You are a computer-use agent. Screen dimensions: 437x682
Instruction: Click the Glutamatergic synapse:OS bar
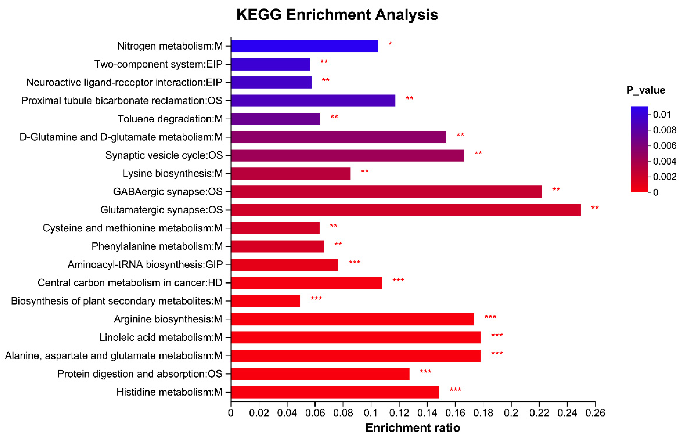click(406, 210)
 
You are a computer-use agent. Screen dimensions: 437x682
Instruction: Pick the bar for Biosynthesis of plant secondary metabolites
click(265, 301)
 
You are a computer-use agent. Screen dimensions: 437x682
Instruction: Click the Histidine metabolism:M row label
click(169, 392)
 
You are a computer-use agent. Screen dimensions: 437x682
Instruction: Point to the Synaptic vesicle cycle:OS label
click(164, 155)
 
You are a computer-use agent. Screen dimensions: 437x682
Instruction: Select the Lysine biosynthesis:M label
click(172, 173)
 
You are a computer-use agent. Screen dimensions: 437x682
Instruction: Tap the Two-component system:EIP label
click(158, 64)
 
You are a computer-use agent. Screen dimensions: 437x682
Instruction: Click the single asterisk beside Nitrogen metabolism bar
click(390, 44)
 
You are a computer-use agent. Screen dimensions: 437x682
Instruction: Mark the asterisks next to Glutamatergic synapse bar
click(595, 208)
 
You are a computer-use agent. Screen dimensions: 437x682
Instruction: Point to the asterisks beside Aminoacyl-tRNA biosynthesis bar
click(355, 262)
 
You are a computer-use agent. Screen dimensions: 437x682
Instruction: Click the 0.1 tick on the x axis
click(371, 413)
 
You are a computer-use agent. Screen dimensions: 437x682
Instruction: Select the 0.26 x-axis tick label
click(595, 413)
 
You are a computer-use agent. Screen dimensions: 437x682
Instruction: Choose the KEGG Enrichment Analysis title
click(337, 15)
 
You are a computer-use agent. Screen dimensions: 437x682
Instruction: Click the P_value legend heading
click(646, 90)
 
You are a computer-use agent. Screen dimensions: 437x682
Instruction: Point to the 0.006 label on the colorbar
click(664, 146)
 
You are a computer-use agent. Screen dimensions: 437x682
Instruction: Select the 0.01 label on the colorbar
click(662, 114)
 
